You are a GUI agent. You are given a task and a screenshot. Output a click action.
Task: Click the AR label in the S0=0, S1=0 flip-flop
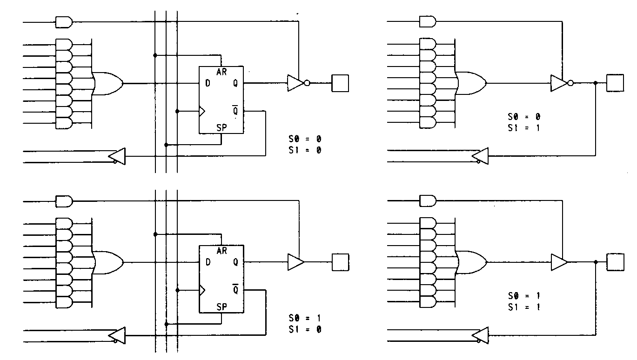[x=222, y=72]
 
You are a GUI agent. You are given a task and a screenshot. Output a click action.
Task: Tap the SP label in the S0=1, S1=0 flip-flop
[x=222, y=307]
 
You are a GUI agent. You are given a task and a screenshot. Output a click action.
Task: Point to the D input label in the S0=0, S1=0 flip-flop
[x=208, y=83]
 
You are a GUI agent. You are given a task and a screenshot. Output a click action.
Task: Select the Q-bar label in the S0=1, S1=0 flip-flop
[x=235, y=290]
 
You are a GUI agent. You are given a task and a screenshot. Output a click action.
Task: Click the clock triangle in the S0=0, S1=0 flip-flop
[x=202, y=111]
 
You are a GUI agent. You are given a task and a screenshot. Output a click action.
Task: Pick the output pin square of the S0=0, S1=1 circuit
[x=615, y=83]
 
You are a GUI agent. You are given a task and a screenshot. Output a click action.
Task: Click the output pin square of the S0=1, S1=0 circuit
[x=340, y=262]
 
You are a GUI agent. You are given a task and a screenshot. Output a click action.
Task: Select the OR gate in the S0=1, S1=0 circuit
[x=108, y=262]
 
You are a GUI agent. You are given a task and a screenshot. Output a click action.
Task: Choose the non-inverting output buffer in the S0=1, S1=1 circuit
[x=558, y=262]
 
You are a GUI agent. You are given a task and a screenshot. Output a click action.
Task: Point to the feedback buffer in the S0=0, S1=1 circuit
[x=480, y=156]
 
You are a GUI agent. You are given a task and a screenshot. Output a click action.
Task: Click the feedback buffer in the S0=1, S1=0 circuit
[x=117, y=335]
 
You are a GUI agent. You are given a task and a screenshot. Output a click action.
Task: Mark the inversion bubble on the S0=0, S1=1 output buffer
[x=571, y=83]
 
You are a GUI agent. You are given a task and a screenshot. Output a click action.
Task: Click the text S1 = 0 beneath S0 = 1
[x=305, y=330]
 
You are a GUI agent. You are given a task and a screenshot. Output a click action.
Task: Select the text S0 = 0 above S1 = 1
[x=524, y=117]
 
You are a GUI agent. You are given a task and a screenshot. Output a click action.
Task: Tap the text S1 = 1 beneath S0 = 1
[x=524, y=307]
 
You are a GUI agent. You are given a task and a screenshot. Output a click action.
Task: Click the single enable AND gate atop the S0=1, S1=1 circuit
[x=428, y=201]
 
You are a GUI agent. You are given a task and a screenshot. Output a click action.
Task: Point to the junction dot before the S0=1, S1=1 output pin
[x=596, y=262]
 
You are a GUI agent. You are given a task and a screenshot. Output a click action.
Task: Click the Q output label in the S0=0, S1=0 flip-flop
[x=235, y=83]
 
